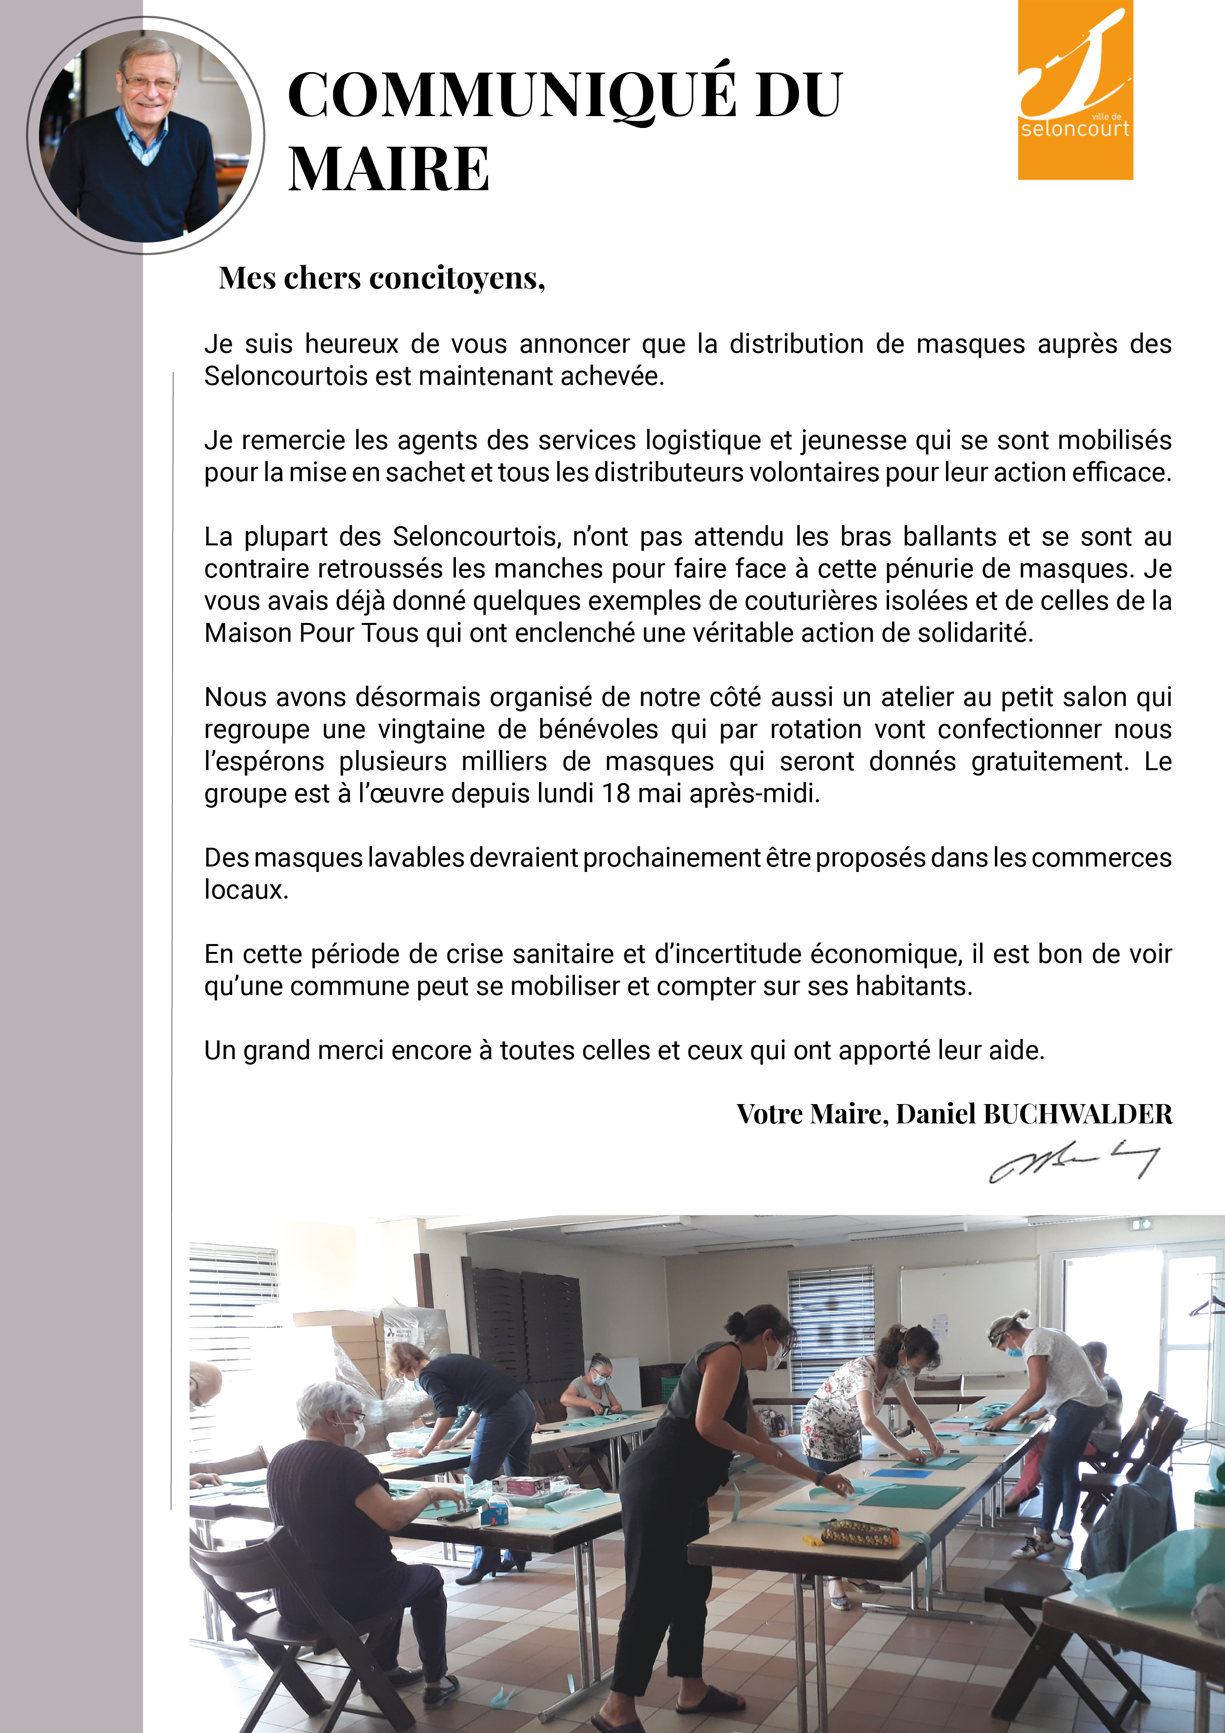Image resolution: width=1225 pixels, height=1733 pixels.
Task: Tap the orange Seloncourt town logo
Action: click(1075, 90)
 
